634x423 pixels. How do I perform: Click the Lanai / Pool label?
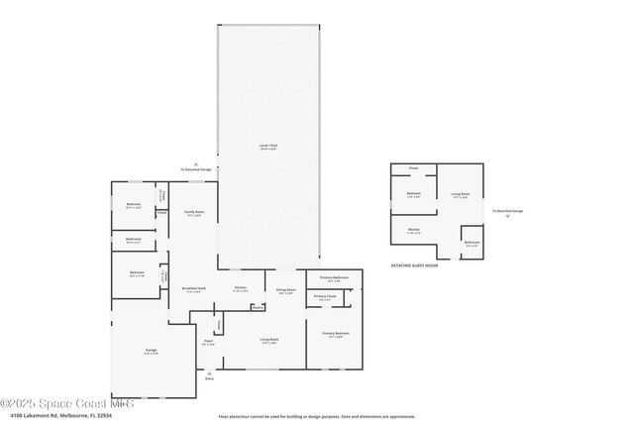click(266, 147)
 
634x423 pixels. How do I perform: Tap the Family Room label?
click(193, 212)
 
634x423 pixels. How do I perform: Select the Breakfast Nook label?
click(192, 288)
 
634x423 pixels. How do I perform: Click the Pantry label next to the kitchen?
click(257, 307)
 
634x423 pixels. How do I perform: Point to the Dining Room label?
click(287, 289)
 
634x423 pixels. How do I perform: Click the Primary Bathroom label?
click(333, 277)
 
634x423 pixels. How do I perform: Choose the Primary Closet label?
click(325, 296)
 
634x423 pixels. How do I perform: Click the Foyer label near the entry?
click(209, 342)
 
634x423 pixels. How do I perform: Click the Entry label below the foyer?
click(209, 378)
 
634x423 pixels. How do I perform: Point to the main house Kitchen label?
click(240, 288)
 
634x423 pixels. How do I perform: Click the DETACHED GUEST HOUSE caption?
click(414, 265)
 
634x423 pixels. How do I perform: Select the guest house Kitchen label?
click(414, 229)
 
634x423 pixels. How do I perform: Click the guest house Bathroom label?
click(473, 242)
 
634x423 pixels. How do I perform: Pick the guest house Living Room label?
click(460, 194)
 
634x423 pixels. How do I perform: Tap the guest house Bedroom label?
click(414, 194)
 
